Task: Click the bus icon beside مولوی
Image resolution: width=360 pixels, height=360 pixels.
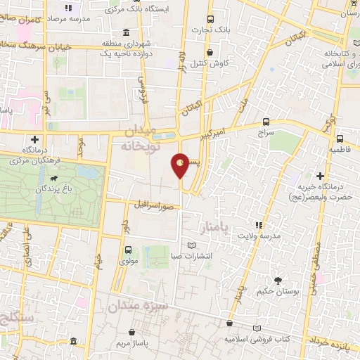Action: point(128,250)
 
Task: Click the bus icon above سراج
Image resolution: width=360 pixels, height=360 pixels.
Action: point(265,121)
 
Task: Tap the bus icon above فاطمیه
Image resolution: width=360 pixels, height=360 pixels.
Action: point(340,138)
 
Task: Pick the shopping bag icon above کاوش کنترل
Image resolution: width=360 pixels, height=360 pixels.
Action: point(210,51)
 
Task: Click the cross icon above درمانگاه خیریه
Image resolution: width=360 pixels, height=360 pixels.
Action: point(321,175)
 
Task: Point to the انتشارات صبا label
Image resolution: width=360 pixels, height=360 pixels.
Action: point(192,255)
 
